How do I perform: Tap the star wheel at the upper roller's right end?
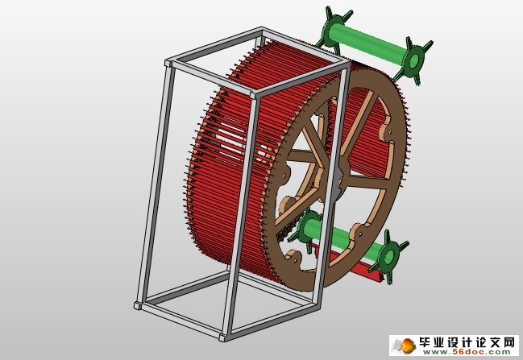coord(414,60)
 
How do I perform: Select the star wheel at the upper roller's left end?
coord(332,27)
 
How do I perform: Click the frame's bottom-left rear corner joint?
coord(137,305)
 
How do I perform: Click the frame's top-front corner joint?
coord(255,93)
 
